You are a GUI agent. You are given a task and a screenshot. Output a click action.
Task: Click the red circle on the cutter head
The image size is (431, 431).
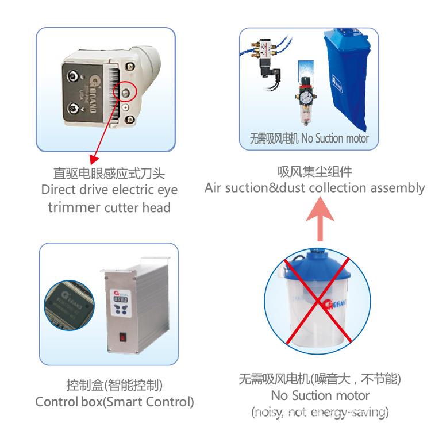pos(126,91)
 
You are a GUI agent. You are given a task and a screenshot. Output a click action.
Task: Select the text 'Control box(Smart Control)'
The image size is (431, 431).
pos(114,402)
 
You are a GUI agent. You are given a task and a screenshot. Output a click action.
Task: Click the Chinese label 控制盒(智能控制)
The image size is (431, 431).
pos(114,384)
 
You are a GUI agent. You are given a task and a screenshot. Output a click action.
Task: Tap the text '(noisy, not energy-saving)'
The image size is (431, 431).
pos(320,412)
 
